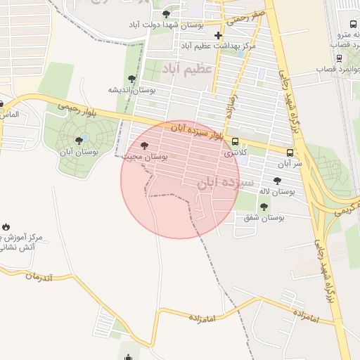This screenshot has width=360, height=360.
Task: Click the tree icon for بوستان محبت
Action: [x=144, y=146]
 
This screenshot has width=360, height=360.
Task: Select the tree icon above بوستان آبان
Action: [x=78, y=141]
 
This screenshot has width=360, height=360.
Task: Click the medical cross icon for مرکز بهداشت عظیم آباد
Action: [x=218, y=35]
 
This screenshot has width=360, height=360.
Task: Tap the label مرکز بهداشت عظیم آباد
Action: [x=218, y=46]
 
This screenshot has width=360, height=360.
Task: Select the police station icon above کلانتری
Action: [x=235, y=141]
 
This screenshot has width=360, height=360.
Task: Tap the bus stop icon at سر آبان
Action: [x=290, y=153]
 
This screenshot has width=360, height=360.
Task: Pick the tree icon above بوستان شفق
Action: [x=264, y=207]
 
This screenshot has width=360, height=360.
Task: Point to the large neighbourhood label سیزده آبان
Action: [x=224, y=182]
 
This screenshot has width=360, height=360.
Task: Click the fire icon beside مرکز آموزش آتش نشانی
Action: [x=6, y=227]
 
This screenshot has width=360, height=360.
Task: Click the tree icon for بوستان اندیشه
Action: [x=131, y=79]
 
